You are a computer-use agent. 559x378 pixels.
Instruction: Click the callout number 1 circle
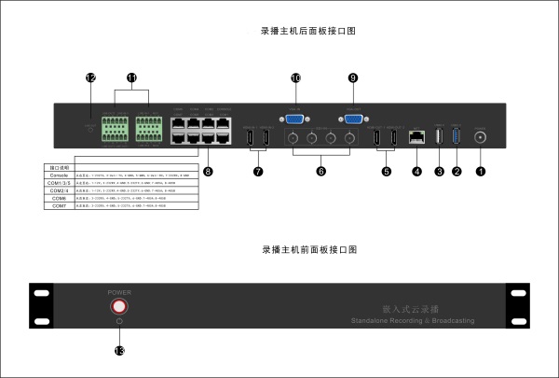481,172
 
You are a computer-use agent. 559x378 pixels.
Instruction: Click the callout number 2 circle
456,172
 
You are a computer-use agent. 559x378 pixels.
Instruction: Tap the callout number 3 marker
438,172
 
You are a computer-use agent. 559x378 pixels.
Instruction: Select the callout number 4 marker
416,172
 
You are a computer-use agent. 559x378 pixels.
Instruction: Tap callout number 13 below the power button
118,350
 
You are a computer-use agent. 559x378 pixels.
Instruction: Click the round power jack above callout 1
481,136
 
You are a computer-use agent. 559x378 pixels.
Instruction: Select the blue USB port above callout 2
456,136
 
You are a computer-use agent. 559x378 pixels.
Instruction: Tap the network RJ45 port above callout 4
417,137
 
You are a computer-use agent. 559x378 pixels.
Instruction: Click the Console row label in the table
59,175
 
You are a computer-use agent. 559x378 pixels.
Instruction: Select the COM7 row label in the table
59,205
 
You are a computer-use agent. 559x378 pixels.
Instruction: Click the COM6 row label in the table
59,198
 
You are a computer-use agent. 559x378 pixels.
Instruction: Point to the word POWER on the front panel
118,291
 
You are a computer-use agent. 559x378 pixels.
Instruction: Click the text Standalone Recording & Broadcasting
413,320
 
